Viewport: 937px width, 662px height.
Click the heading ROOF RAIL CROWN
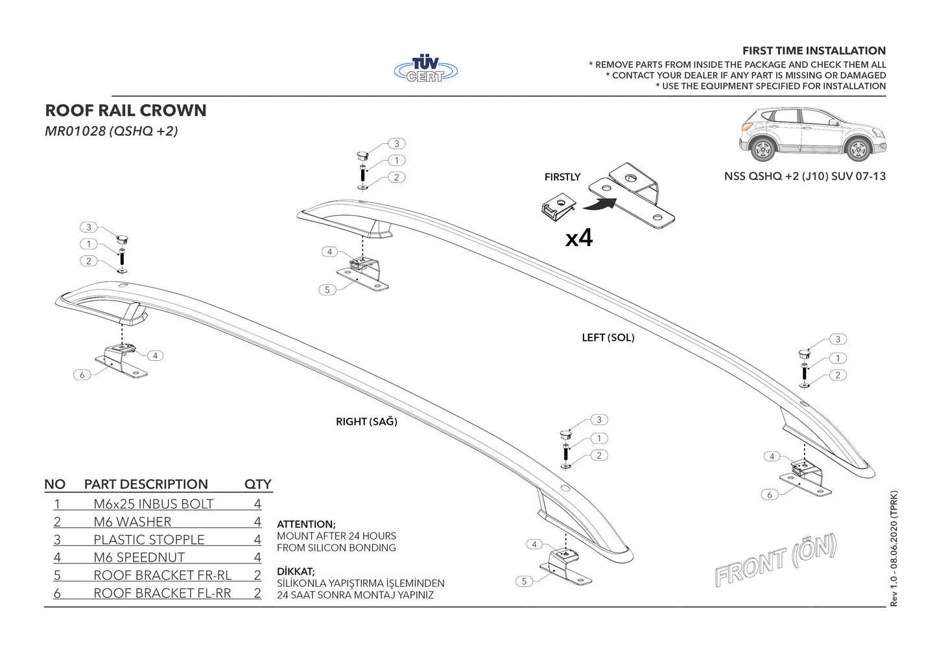click(x=126, y=111)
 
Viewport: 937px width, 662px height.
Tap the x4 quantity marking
click(x=578, y=238)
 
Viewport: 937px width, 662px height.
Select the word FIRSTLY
click(x=562, y=177)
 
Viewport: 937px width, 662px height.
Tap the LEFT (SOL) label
click(x=608, y=337)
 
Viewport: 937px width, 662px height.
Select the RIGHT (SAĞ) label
click(x=366, y=422)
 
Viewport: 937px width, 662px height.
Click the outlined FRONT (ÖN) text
click(x=776, y=560)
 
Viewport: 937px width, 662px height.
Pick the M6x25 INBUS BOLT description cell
click(x=154, y=504)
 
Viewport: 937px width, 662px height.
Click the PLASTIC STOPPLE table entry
click(x=149, y=540)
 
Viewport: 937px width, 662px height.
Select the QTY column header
click(x=257, y=485)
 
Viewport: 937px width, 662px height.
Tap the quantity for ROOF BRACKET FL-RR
click(x=257, y=593)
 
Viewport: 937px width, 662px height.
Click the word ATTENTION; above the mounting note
click(x=306, y=524)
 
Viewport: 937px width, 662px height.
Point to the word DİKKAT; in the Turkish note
click(x=296, y=571)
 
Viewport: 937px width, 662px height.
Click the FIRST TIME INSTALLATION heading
click(x=814, y=51)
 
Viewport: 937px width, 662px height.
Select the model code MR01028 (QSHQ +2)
click(x=111, y=131)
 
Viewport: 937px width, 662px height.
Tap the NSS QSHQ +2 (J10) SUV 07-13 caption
click(x=805, y=176)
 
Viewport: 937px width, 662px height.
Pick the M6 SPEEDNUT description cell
click(x=139, y=558)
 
